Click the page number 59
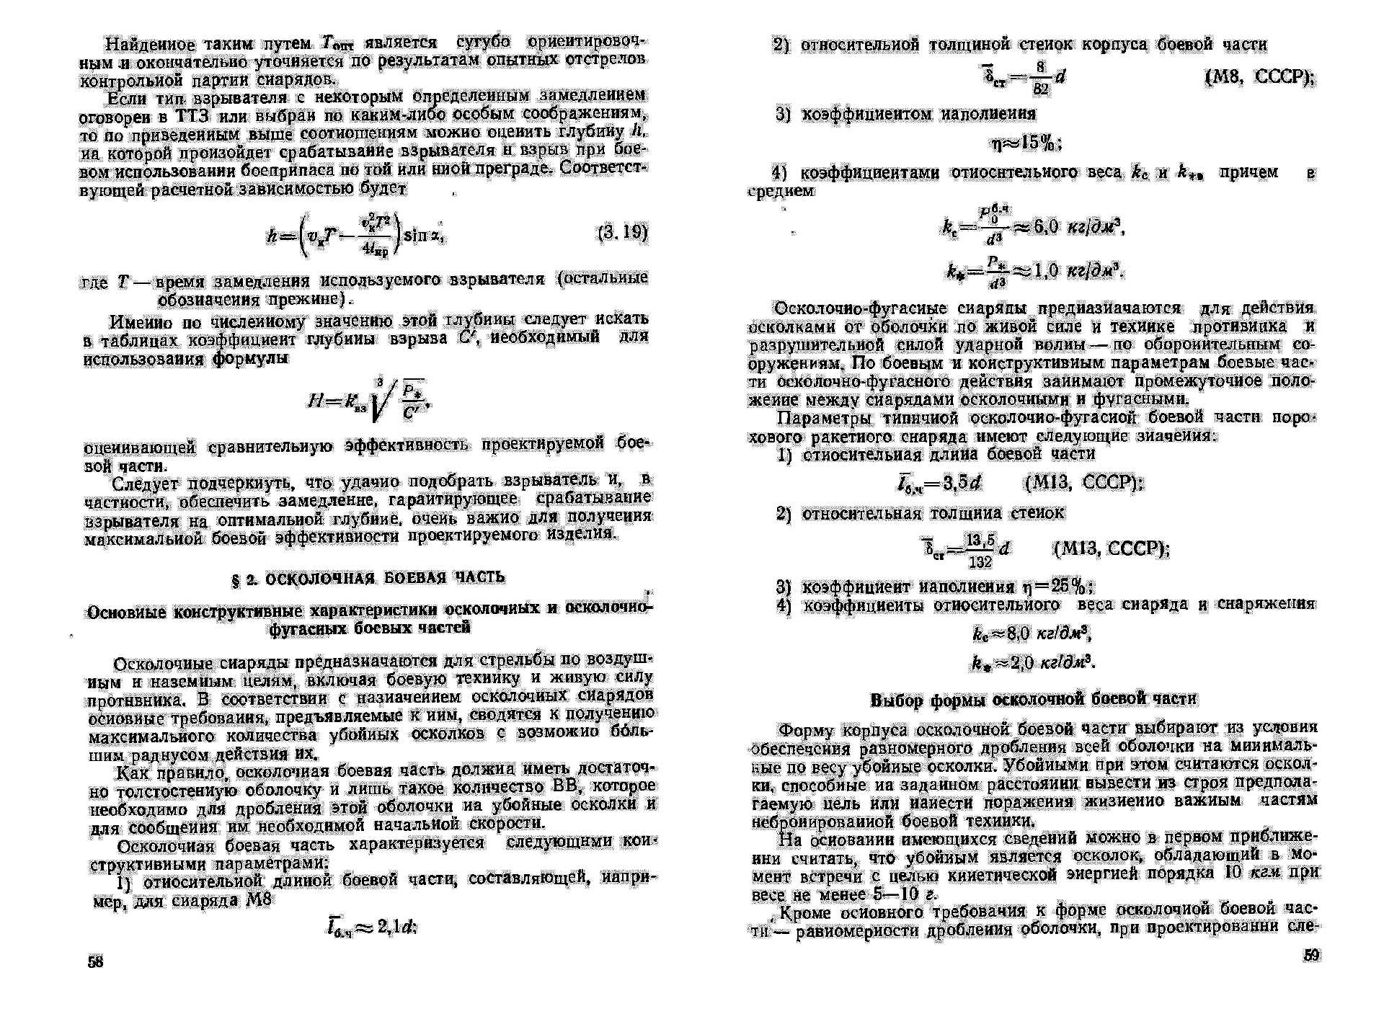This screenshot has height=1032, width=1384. pos(1311,955)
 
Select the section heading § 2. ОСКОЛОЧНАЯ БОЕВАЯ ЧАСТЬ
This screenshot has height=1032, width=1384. pos(368,577)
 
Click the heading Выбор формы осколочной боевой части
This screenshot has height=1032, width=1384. pos(1034,699)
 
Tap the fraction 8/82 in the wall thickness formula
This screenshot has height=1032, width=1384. pos(1040,78)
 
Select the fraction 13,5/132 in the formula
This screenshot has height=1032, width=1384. pos(980,551)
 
